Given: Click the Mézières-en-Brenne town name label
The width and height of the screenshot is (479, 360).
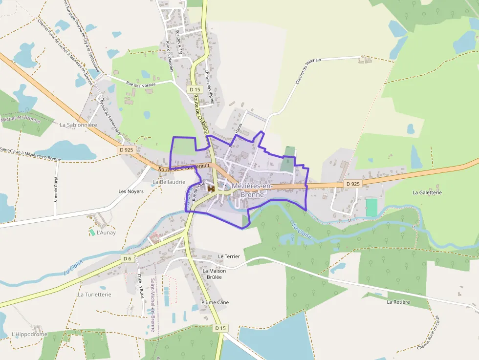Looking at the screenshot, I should (x=252, y=190).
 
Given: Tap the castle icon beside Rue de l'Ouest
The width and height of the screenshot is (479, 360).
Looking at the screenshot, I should (x=212, y=188).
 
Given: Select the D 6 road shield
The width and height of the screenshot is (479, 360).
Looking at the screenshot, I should (x=128, y=258).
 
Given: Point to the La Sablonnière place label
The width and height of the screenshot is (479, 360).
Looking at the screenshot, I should (x=79, y=125).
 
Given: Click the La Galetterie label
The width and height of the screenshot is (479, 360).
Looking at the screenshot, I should (x=427, y=192).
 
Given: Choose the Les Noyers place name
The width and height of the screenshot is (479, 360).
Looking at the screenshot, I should (x=131, y=191).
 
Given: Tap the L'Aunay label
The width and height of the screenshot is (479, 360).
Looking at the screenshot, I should (x=106, y=233).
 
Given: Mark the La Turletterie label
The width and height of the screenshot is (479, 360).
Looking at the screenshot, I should (x=95, y=295).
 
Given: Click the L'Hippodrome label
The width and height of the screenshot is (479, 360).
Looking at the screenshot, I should (x=29, y=335).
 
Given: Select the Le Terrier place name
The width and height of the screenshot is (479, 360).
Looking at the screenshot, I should (x=229, y=256).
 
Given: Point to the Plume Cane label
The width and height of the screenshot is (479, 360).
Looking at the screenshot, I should (x=215, y=302).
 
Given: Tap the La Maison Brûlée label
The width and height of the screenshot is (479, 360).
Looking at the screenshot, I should (x=214, y=274).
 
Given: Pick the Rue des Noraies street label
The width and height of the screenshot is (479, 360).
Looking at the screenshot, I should (x=141, y=85).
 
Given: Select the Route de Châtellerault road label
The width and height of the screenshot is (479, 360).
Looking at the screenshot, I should (x=184, y=168).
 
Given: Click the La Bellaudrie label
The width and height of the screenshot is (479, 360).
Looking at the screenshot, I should (x=169, y=182).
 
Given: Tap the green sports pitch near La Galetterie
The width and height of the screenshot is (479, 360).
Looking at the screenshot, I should (x=371, y=207).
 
